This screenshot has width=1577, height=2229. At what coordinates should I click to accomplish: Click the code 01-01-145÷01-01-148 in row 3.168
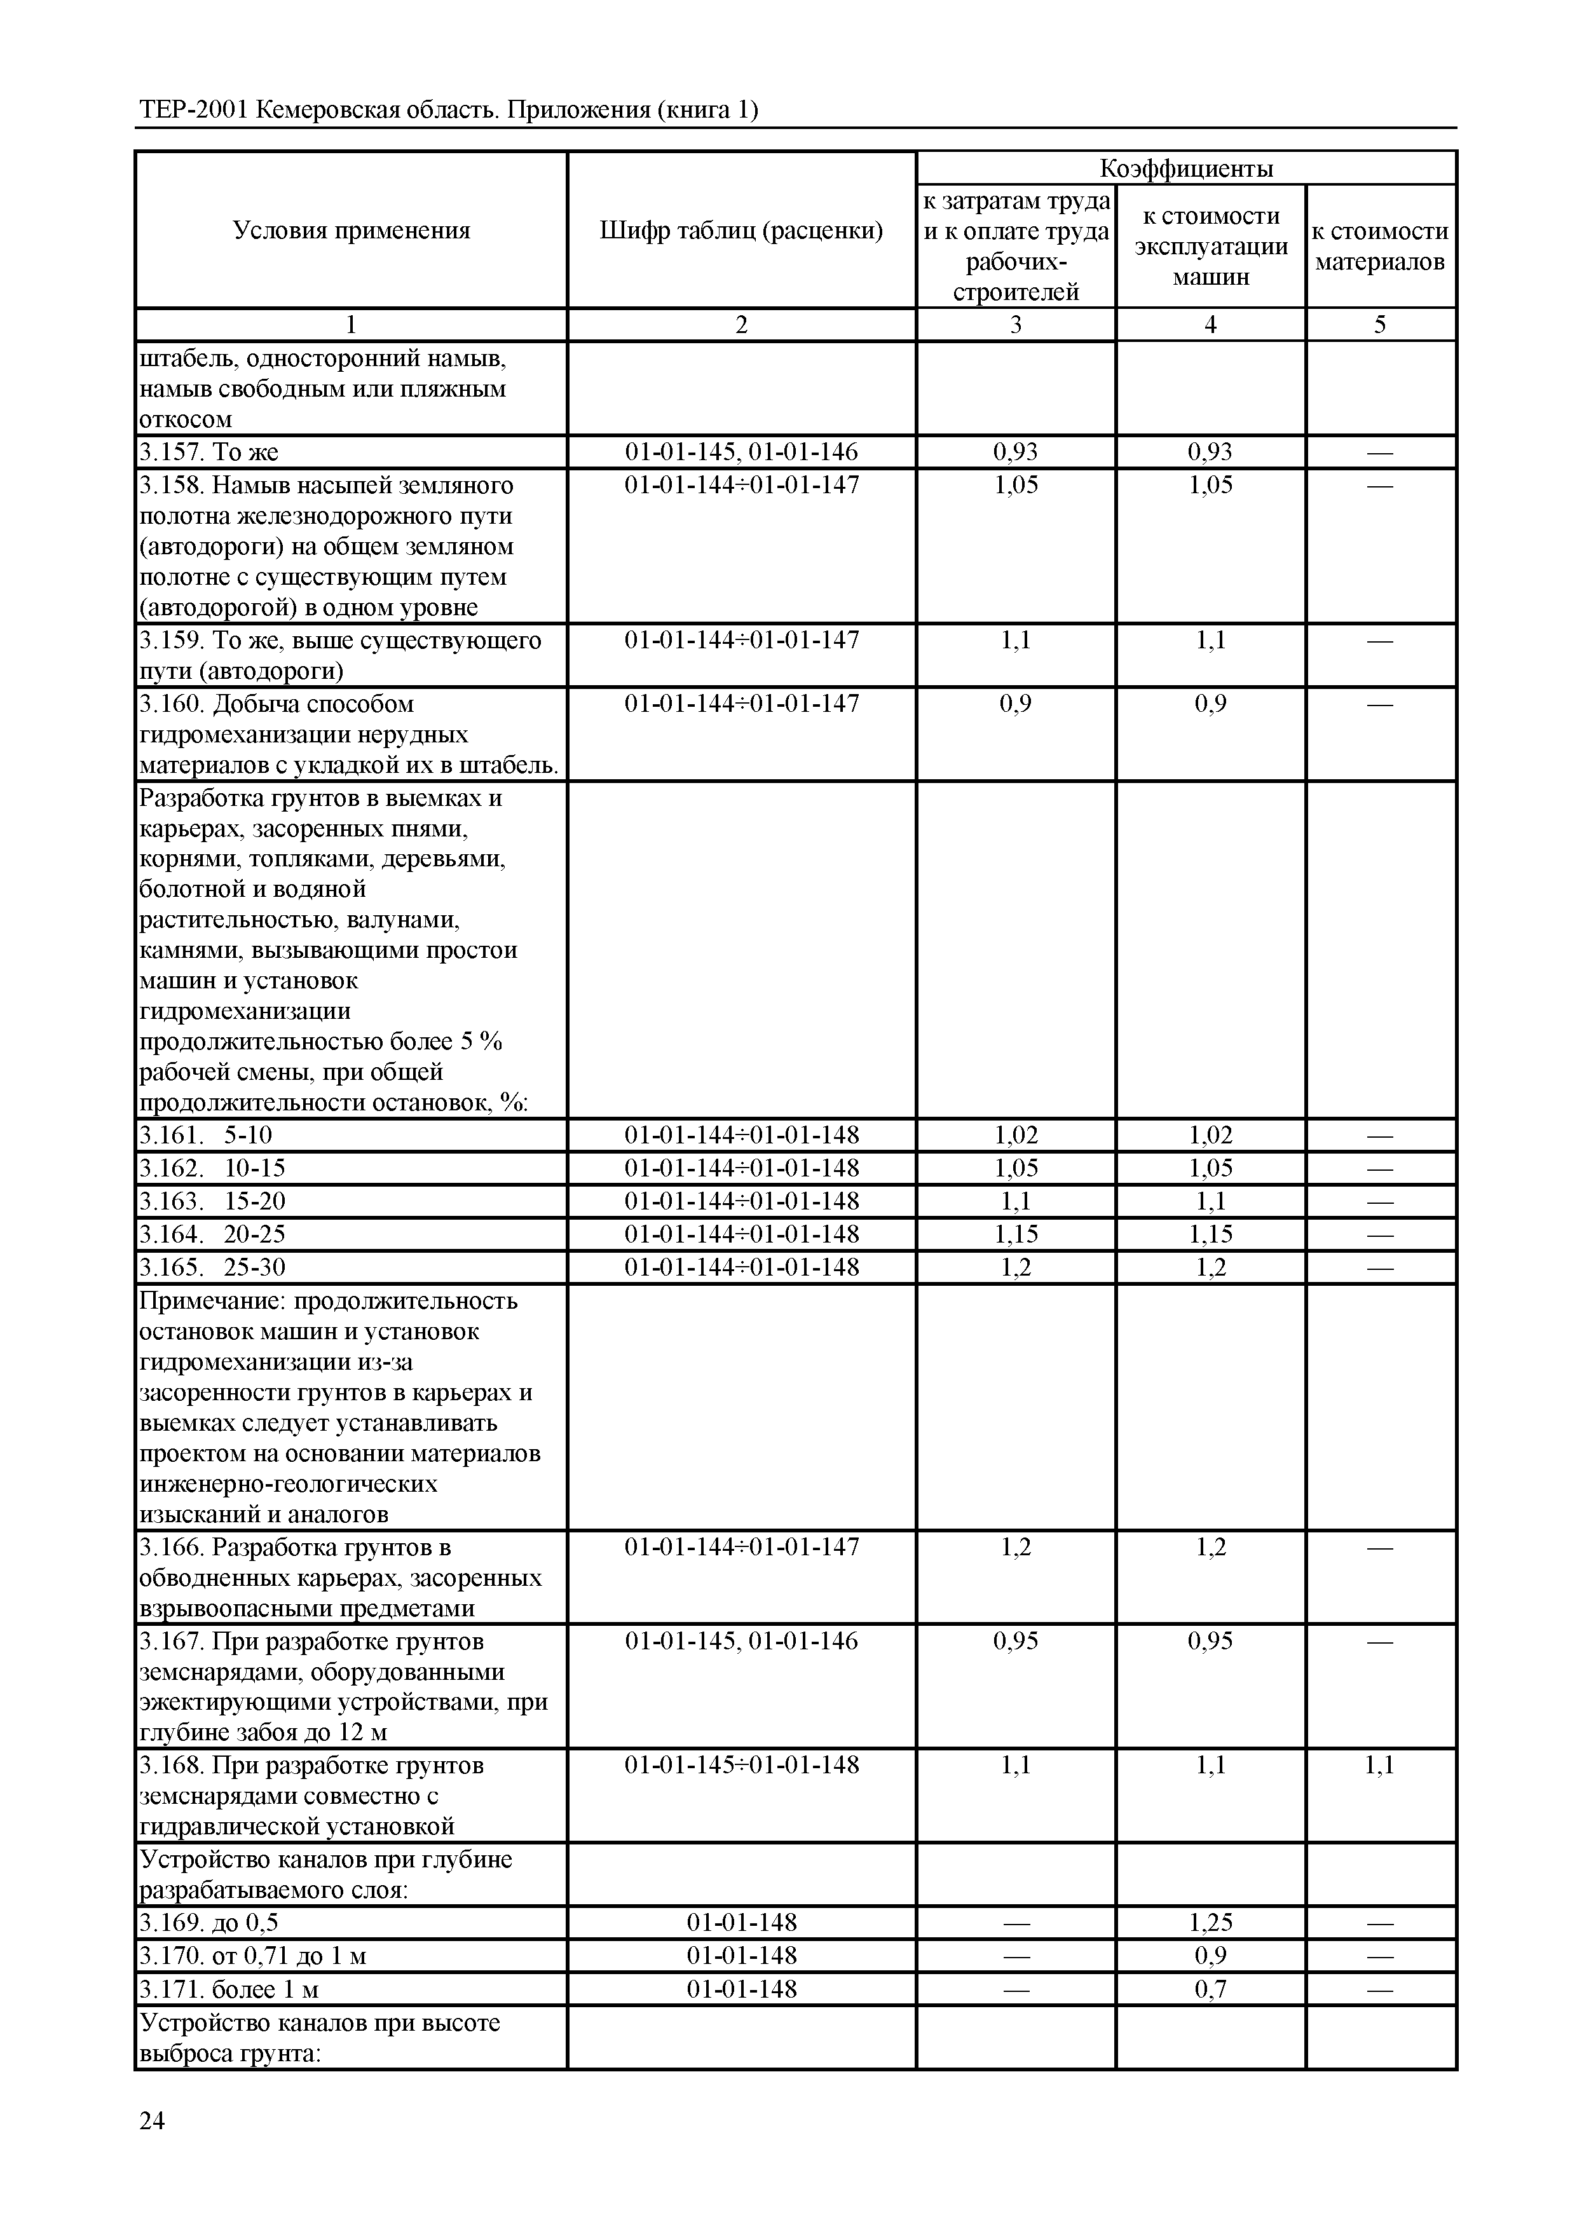coord(741,1765)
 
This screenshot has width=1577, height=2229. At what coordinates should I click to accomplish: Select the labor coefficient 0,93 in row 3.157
coord(1016,451)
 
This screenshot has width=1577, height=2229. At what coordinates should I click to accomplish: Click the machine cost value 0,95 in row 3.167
coord(1210,1640)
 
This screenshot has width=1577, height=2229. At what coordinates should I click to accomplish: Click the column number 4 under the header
coord(1210,324)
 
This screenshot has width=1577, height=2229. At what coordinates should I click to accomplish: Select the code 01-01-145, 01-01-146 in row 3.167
coord(741,1640)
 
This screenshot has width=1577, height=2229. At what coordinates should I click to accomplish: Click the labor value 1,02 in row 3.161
coord(1016,1135)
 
